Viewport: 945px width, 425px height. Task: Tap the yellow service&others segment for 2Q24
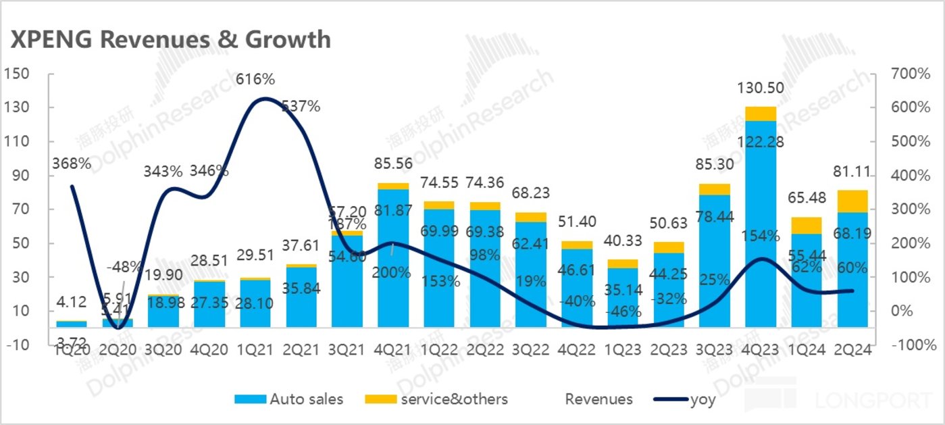click(x=852, y=201)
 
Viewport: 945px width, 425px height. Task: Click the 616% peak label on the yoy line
click(x=255, y=80)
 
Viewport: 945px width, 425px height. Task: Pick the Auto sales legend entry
click(x=289, y=399)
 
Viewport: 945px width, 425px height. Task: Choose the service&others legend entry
click(x=436, y=399)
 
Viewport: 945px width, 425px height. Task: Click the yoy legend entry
click(x=686, y=399)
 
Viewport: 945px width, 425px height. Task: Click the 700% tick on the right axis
click(x=904, y=74)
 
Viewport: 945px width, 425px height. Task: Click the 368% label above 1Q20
click(x=72, y=164)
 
